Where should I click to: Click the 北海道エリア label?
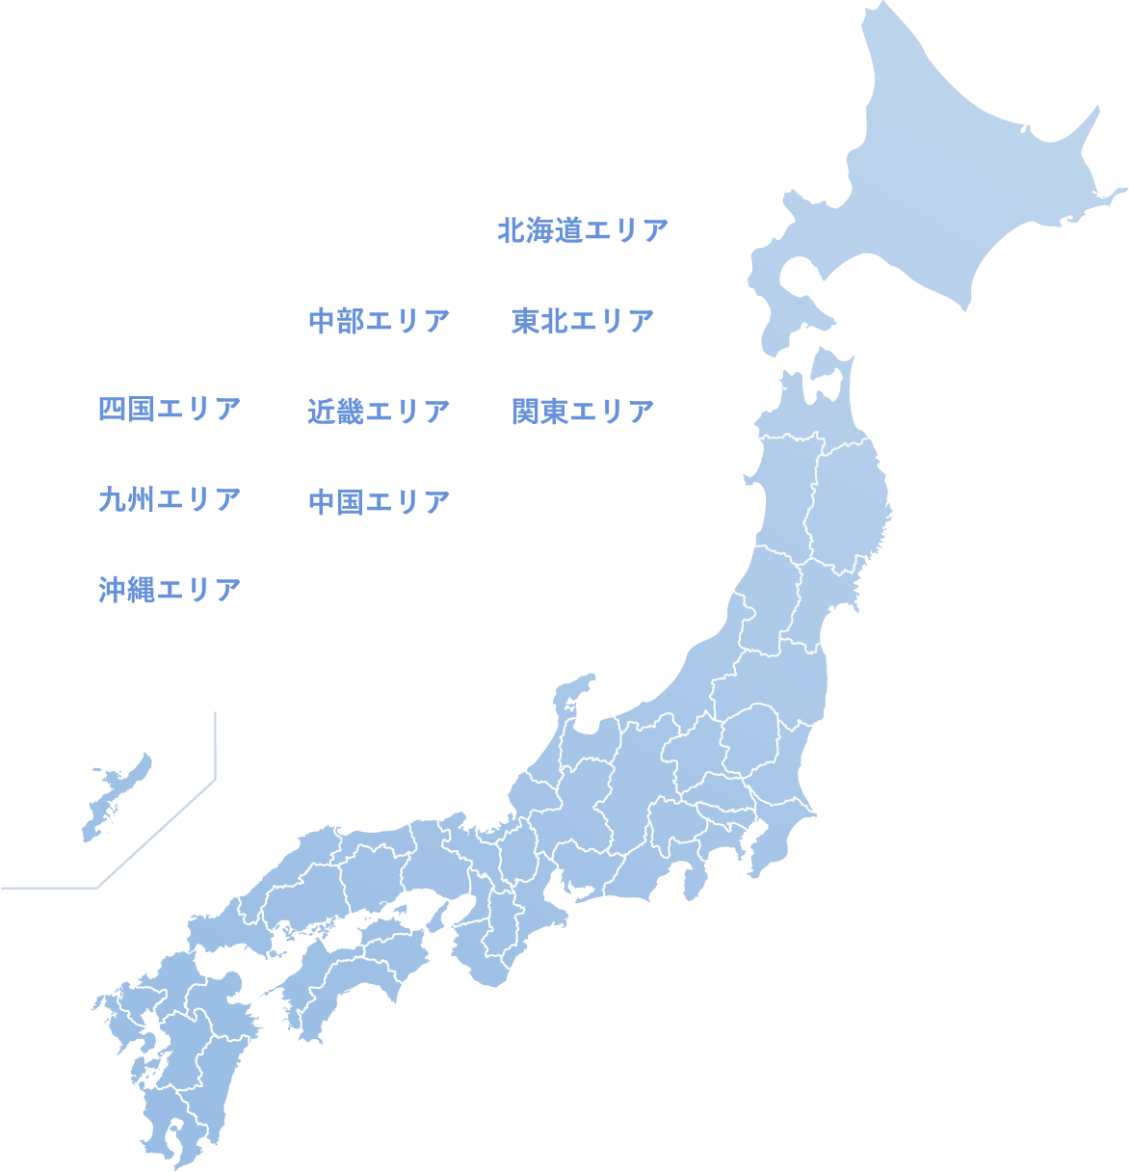pyautogui.click(x=583, y=231)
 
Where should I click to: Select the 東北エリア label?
pyautogui.click(x=583, y=321)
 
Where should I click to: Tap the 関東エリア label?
pyautogui.click(x=583, y=412)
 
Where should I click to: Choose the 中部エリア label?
pyautogui.click(x=379, y=321)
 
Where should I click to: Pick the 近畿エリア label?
pyautogui.click(x=379, y=412)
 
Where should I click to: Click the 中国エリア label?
pyautogui.click(x=379, y=501)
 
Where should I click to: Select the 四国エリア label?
pyautogui.click(x=170, y=409)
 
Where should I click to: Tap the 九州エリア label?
pyautogui.click(x=170, y=499)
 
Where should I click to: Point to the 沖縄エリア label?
pyautogui.click(x=170, y=589)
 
